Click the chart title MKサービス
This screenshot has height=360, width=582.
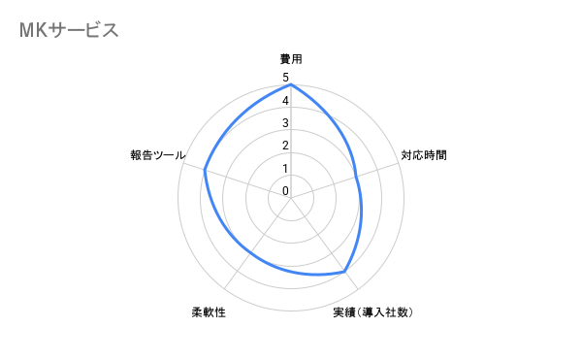[68, 30]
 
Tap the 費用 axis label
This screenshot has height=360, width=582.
[291, 59]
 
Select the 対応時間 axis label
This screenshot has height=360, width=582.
[424, 155]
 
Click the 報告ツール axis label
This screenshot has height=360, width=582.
[158, 155]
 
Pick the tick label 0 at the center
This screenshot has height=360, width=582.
[285, 191]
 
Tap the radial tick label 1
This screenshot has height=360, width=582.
[285, 169]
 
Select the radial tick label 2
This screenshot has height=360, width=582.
[285, 147]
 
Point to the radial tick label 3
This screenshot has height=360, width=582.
[285, 123]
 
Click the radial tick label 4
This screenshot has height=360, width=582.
[285, 101]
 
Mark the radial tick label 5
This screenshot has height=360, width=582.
[285, 78]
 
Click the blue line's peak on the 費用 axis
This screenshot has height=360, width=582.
[291, 85]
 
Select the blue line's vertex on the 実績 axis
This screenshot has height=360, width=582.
[346, 272]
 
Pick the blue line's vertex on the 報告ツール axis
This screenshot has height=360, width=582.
[205, 171]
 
